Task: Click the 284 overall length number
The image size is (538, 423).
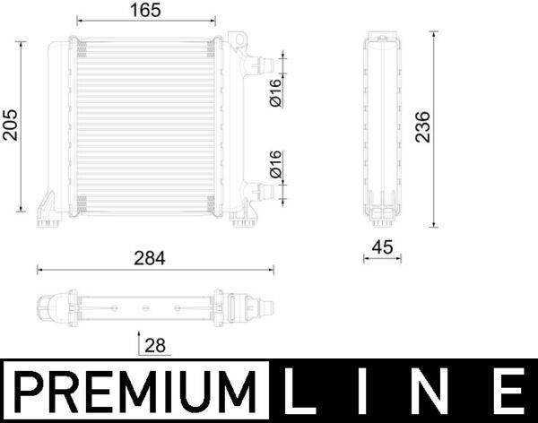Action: coord(151,257)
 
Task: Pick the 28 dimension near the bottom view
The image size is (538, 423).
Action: coord(153,344)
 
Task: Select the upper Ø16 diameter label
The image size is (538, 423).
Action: coord(276,92)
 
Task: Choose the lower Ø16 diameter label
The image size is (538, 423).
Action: coord(276,165)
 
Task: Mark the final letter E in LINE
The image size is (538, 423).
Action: coord(508,391)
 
